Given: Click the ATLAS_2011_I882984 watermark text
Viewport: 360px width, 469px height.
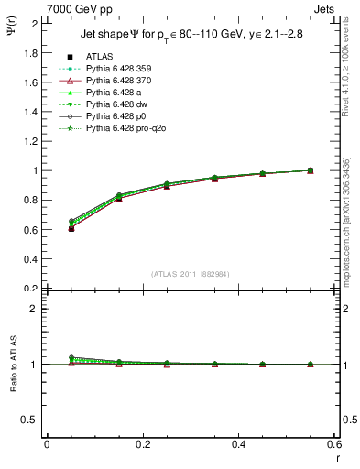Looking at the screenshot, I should [191, 274].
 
